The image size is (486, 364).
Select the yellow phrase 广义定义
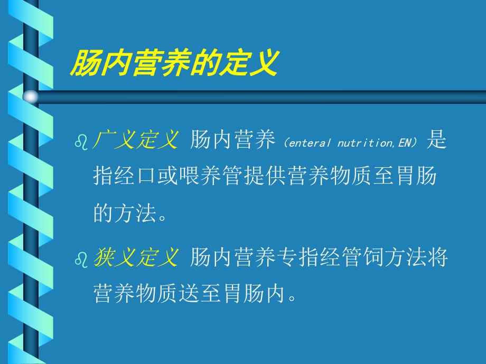136,140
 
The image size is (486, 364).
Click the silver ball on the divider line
31,97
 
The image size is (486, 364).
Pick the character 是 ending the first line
436,140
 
